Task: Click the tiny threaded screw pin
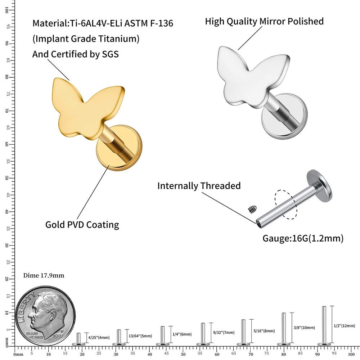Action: (x=252, y=208)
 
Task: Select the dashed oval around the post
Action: (x=286, y=204)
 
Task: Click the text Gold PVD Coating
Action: (x=82, y=225)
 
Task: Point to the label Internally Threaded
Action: (x=199, y=186)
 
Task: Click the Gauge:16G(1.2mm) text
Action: (x=303, y=238)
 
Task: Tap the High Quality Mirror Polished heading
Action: (x=264, y=21)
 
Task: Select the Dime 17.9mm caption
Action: (x=44, y=275)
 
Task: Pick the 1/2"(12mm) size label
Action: (x=344, y=326)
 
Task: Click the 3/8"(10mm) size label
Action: (x=305, y=328)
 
